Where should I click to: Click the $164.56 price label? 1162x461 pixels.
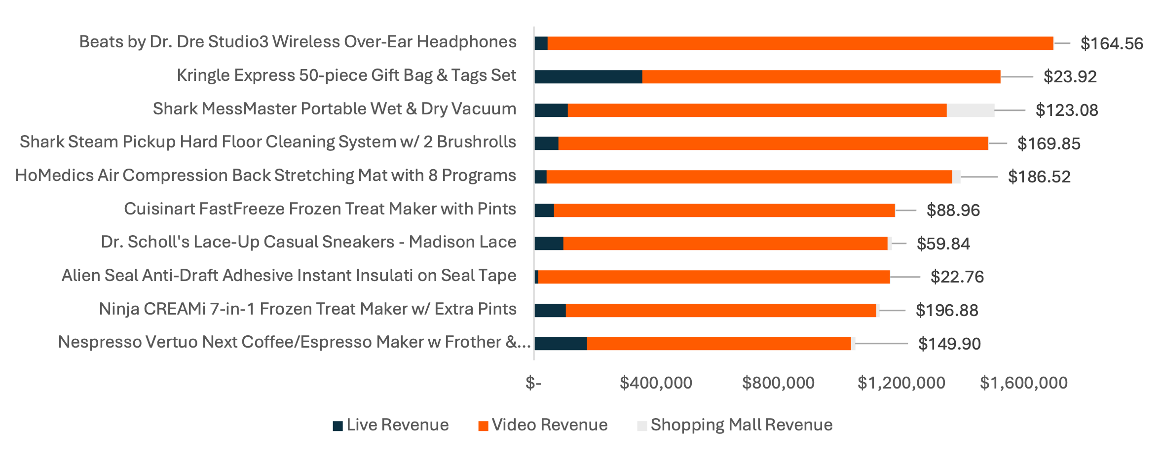tap(1111, 43)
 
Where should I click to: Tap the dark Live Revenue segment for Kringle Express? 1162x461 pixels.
tap(588, 77)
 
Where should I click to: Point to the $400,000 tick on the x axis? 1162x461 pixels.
tap(656, 383)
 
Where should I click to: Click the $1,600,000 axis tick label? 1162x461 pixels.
tap(1023, 383)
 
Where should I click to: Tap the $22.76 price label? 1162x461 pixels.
tap(957, 277)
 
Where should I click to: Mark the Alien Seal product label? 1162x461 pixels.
tap(289, 276)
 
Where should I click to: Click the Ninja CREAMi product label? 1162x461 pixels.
tap(307, 309)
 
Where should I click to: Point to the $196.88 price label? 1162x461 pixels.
tap(946, 310)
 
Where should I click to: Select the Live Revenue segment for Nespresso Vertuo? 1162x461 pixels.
tap(561, 344)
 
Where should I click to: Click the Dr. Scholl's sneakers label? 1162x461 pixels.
tap(308, 242)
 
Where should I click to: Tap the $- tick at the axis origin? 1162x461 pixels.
tap(533, 383)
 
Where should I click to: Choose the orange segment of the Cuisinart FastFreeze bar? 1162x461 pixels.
tap(724, 211)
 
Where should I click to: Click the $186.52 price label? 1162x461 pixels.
tap(1039, 177)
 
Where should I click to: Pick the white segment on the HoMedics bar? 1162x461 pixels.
tap(956, 177)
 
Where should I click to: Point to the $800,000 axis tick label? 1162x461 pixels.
tap(778, 383)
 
